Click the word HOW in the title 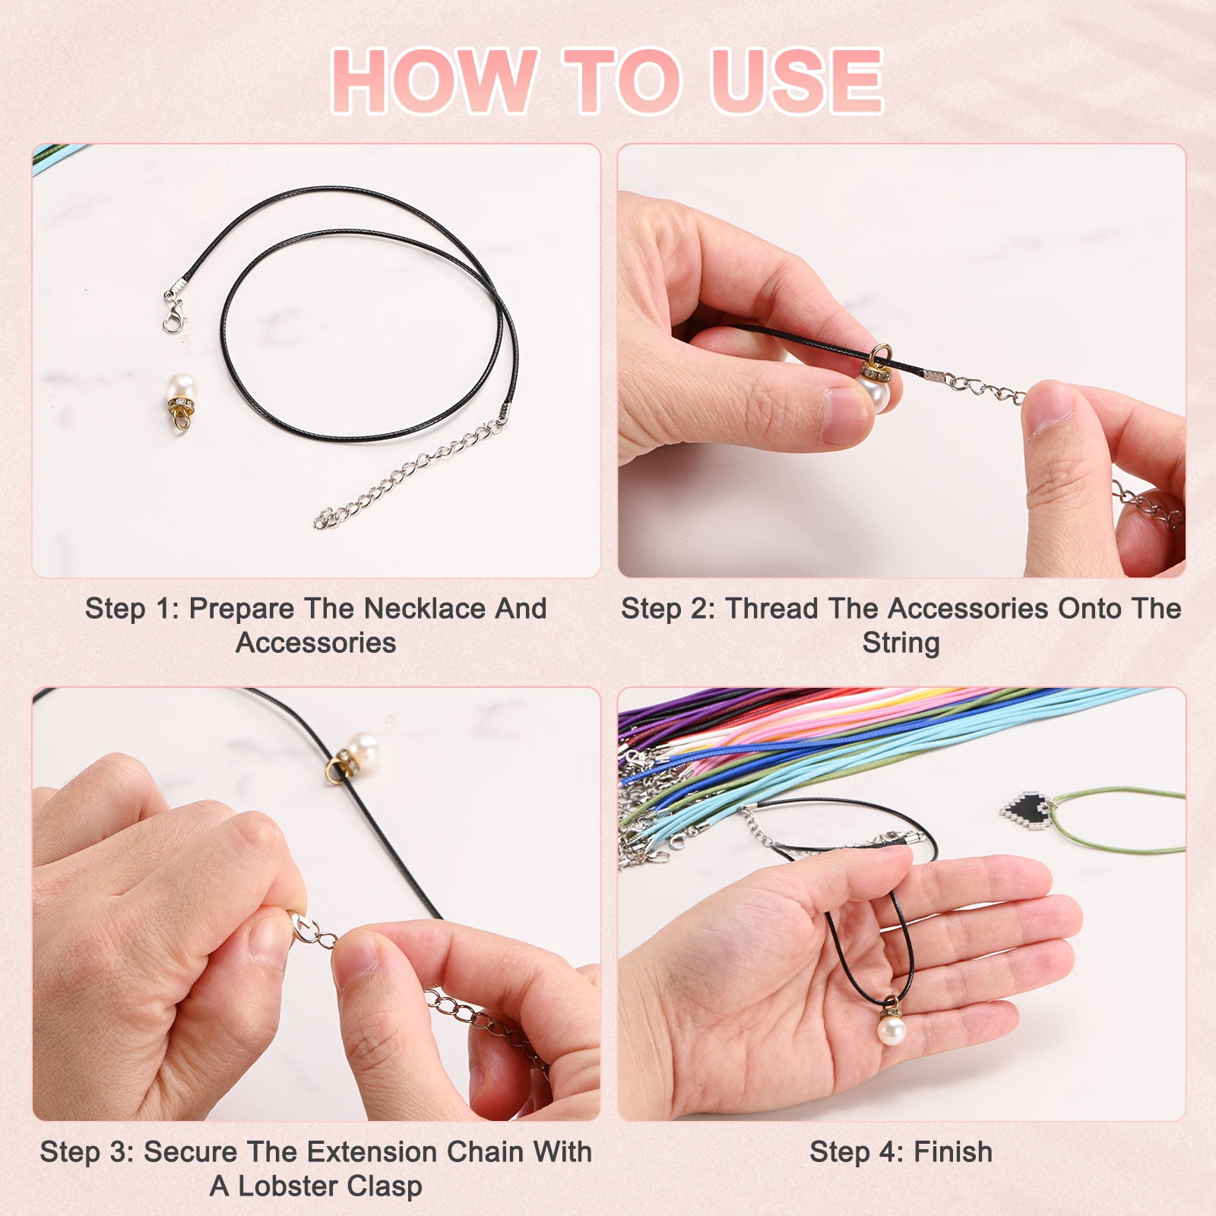435,81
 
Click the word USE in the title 796,81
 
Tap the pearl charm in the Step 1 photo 181,401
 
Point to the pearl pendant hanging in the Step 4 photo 891,1025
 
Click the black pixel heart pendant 1029,809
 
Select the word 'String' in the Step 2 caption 901,644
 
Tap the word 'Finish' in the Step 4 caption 953,1152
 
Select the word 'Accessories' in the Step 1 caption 315,643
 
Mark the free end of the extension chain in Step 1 321,521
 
